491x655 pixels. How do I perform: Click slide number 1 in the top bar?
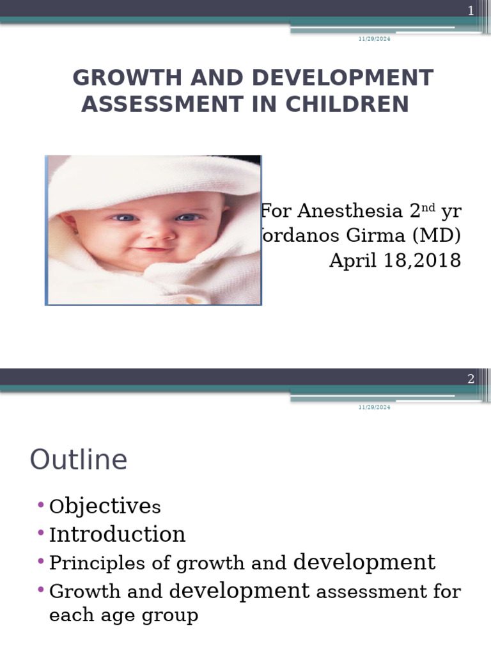[x=471, y=10]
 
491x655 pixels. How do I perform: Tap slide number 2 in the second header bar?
[x=471, y=379]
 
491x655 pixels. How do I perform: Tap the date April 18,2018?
[x=394, y=260]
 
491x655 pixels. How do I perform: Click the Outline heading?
[x=79, y=460]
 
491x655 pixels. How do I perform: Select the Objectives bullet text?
[x=105, y=507]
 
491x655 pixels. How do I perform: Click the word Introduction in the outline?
[x=118, y=534]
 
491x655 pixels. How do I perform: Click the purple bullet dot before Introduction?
[x=41, y=533]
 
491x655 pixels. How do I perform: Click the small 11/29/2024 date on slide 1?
[x=374, y=39]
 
